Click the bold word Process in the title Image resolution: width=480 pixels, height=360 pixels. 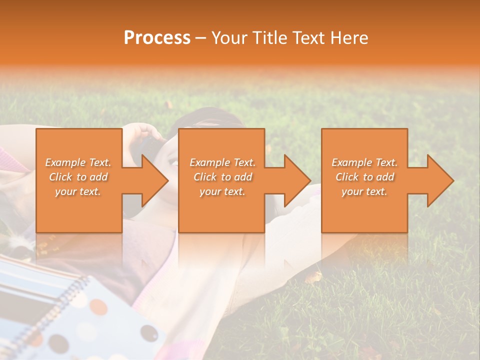(x=157, y=38)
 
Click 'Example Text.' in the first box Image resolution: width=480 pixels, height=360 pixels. (x=78, y=162)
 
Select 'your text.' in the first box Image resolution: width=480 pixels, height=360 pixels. (x=78, y=191)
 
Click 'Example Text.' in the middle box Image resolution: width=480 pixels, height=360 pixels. (x=222, y=162)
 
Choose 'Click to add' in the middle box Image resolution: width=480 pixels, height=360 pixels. (x=222, y=177)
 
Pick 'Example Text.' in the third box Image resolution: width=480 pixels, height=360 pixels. (x=364, y=162)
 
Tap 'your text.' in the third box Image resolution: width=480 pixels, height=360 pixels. (x=364, y=191)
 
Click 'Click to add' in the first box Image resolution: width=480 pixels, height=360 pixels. (x=78, y=177)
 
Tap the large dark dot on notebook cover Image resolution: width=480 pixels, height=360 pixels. (x=149, y=332)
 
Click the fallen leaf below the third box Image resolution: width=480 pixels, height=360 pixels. (x=314, y=276)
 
